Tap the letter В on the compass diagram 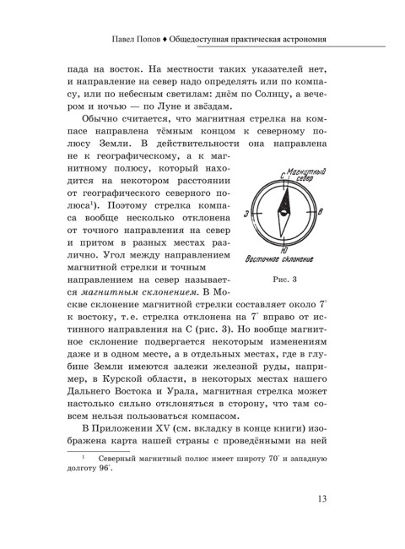tap(319, 213)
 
